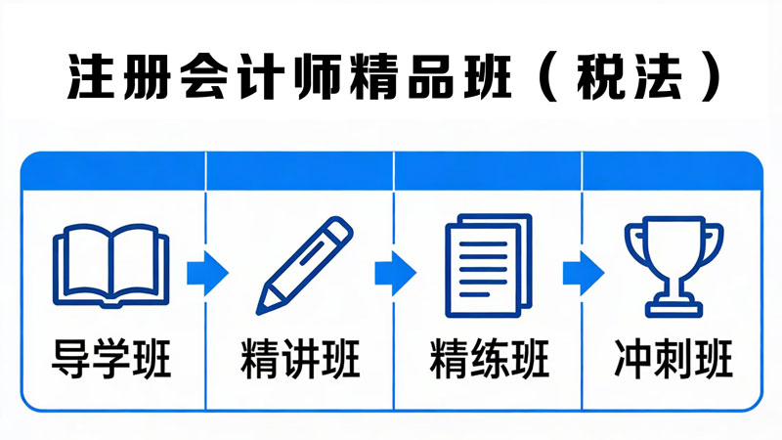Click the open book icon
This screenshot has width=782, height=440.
110,265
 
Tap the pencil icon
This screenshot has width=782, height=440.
304,265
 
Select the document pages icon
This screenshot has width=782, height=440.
489,265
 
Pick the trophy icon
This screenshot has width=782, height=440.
673,267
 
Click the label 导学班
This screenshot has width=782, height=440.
111,359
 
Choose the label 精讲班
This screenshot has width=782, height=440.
300,359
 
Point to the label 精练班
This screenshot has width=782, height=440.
489,359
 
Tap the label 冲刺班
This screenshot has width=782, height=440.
673,359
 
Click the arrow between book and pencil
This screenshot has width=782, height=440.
207,274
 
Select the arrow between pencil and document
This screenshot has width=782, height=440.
396,274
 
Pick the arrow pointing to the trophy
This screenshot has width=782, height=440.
584,274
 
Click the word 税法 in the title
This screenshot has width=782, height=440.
630,78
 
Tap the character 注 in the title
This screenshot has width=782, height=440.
91,78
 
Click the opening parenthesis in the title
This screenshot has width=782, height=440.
548,78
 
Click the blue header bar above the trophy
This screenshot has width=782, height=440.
673,171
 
